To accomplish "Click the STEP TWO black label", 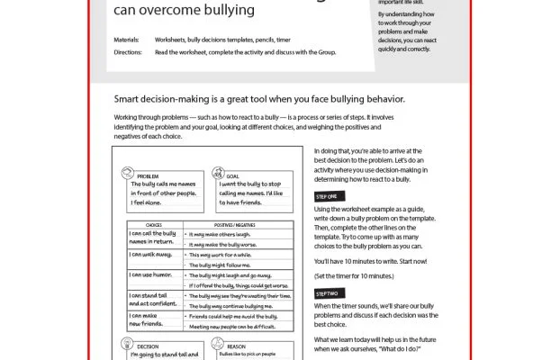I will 327,293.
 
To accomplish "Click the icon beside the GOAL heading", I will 219,175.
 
